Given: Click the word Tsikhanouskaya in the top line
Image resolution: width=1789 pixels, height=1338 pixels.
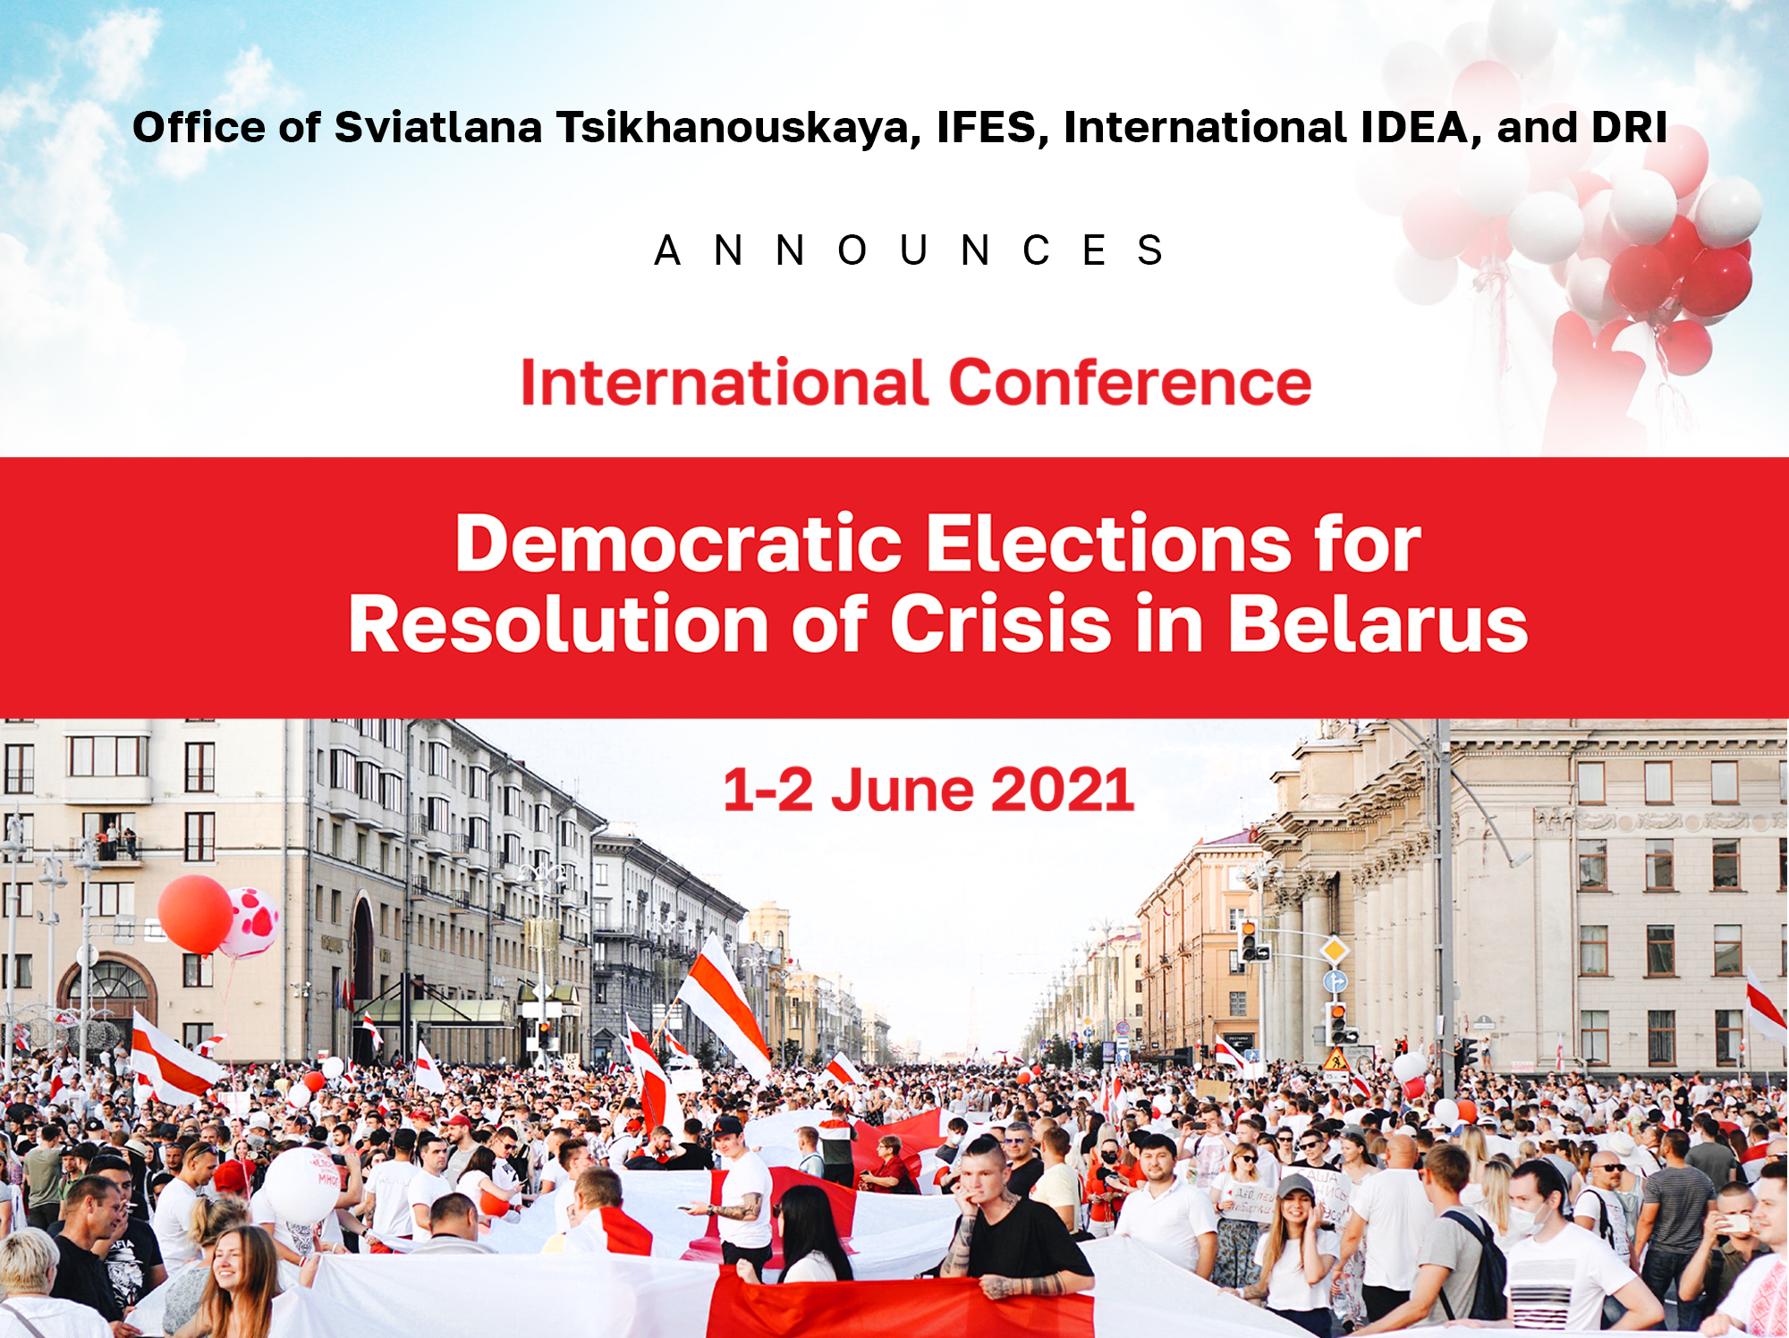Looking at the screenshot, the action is [x=738, y=127].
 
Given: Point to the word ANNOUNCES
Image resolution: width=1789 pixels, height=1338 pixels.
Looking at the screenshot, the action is [x=909, y=250].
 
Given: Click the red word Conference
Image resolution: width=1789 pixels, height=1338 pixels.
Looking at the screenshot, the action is [x=1130, y=383].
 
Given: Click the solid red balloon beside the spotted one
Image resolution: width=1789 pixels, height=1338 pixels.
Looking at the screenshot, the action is [x=195, y=915].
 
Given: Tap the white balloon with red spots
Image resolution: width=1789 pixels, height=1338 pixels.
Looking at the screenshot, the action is [x=251, y=923].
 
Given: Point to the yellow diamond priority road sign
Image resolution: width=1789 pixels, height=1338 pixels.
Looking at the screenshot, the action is [x=1335, y=949].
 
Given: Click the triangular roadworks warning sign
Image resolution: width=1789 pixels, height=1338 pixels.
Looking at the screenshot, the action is [x=1336, y=1060].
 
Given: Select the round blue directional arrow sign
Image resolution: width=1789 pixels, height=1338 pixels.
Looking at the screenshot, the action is [x=1335, y=981].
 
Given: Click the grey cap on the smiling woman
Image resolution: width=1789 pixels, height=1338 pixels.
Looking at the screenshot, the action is [x=1295, y=1186].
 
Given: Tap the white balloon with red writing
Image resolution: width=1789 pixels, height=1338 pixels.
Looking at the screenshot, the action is [x=302, y=1186].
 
